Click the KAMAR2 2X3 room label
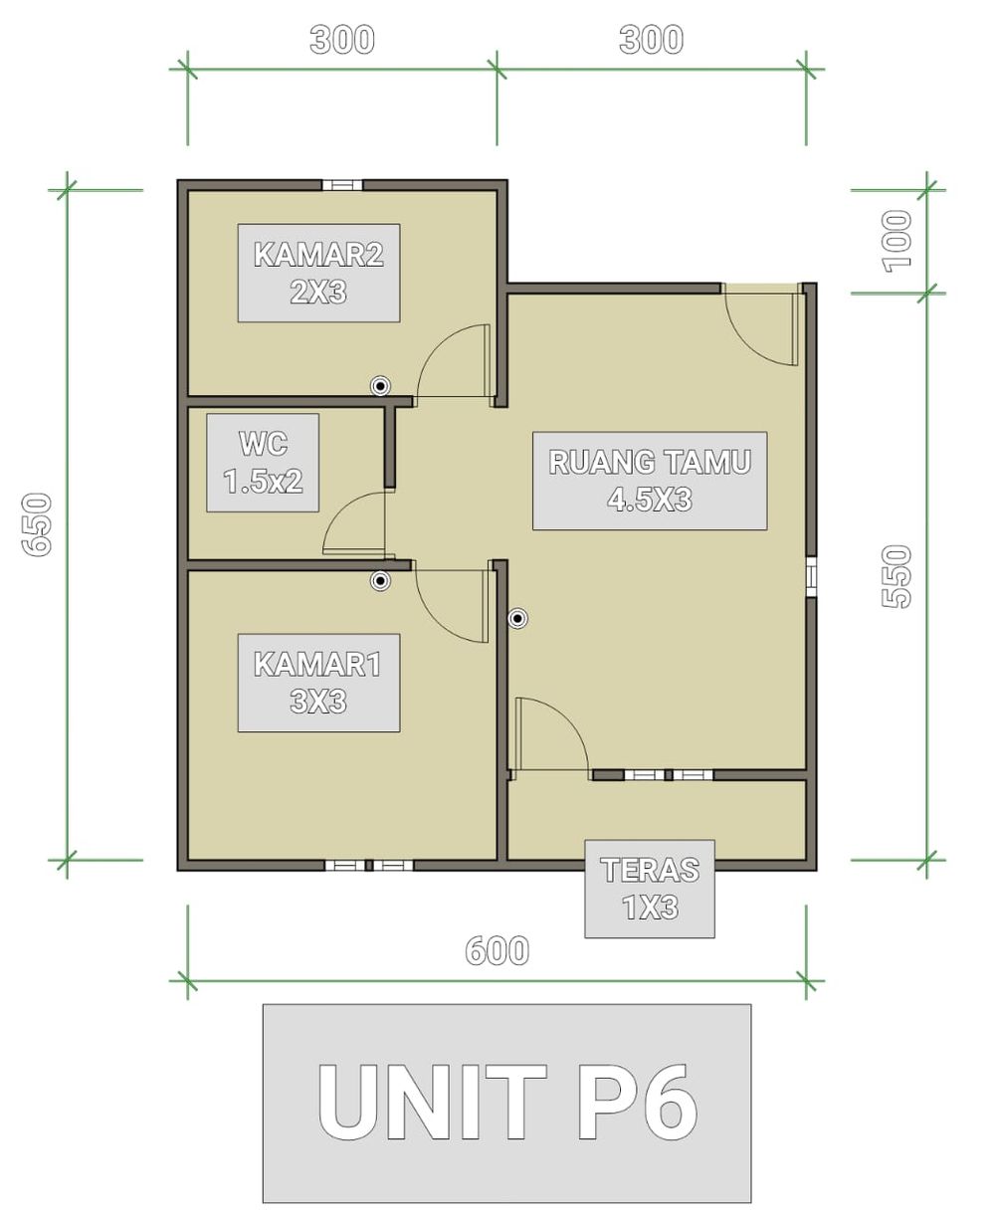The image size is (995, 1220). coord(318,273)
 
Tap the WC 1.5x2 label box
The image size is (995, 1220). coord(263,462)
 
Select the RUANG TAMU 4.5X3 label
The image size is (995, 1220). coord(650,481)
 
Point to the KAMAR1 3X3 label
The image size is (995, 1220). coord(318,683)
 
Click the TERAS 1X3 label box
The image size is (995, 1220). coord(650,889)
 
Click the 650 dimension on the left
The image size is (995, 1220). coord(37,524)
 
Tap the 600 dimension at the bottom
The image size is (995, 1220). coord(497,950)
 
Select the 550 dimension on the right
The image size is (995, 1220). coord(896,576)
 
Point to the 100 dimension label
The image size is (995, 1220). coord(896,241)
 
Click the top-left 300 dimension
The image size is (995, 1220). coord(342,40)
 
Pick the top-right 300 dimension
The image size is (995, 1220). coord(651,40)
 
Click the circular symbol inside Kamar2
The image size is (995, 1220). coord(380,385)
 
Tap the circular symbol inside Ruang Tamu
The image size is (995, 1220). coord(517,619)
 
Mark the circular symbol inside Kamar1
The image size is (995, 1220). coord(380,580)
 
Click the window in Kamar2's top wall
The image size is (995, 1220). coord(342,185)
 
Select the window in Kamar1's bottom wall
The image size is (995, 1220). coord(369,866)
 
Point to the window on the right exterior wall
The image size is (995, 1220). coord(812,577)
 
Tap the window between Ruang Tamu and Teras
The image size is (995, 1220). coord(669,775)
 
